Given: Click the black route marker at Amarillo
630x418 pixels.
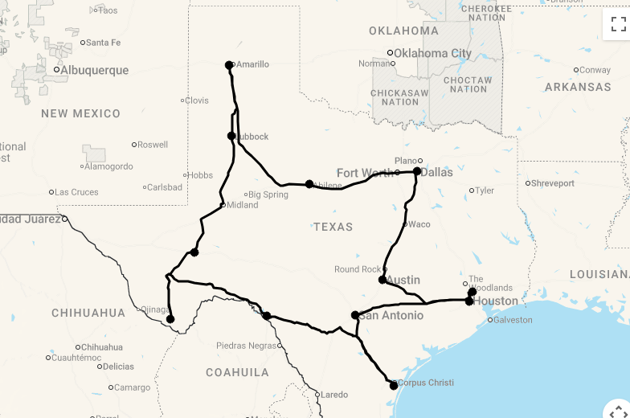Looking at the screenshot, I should pyautogui.click(x=229, y=65).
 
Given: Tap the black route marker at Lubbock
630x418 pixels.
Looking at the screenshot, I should pyautogui.click(x=231, y=136).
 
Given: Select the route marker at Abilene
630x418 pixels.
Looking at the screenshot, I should pyautogui.click(x=309, y=184).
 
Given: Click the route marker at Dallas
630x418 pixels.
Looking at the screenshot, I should pyautogui.click(x=417, y=171).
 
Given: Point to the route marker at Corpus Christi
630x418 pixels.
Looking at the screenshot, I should pyautogui.click(x=394, y=386).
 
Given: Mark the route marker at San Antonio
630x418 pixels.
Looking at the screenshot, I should pyautogui.click(x=355, y=315).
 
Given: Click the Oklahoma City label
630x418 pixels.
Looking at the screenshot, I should pyautogui.click(x=432, y=54).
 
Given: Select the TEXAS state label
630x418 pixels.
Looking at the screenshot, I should pyautogui.click(x=333, y=227).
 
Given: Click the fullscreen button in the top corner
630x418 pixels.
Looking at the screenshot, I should pyautogui.click(x=618, y=24).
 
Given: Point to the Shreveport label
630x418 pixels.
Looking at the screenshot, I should pyautogui.click(x=553, y=183).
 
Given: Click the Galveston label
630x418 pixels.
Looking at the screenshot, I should pyautogui.click(x=512, y=320).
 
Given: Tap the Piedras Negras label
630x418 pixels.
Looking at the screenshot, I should pyautogui.click(x=246, y=346).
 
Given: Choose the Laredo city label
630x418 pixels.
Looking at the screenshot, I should pyautogui.click(x=335, y=395).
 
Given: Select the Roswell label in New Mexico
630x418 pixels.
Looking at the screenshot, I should pyautogui.click(x=153, y=145).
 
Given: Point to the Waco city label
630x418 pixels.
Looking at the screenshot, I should pyautogui.click(x=419, y=224).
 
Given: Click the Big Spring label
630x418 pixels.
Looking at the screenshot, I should pyautogui.click(x=268, y=195).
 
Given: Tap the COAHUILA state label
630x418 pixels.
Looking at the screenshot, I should pyautogui.click(x=237, y=372).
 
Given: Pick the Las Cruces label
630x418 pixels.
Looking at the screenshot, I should pyautogui.click(x=76, y=192).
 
